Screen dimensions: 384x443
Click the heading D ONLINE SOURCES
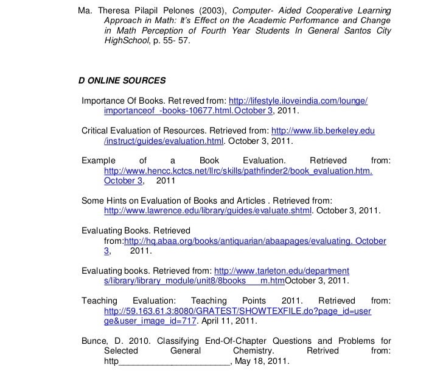tap(122, 80)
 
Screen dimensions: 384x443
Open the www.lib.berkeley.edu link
tap(323, 131)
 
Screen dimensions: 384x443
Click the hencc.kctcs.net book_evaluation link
tap(238, 171)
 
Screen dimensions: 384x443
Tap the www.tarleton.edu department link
tap(282, 271)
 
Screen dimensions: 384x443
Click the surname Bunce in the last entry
tap(94, 341)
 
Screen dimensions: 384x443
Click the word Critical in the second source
tap(96, 131)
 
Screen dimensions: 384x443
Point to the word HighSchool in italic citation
tap(126, 41)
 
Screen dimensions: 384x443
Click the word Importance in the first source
tap(103, 100)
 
